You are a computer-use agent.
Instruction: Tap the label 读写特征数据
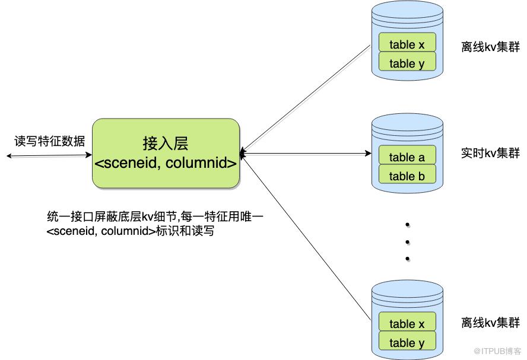(50, 141)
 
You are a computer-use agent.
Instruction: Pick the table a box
(407, 157)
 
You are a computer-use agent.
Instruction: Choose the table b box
(407, 176)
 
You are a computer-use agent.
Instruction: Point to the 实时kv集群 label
(490, 154)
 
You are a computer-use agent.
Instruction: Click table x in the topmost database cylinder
(407, 44)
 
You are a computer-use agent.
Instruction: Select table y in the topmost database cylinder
(407, 63)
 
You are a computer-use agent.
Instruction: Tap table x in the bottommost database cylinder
(407, 324)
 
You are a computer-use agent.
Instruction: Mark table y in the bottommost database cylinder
(407, 343)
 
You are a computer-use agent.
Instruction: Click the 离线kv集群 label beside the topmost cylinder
(490, 47)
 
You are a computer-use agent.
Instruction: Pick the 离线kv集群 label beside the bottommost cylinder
(490, 323)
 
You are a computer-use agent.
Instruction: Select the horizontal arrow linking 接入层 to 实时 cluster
(306, 154)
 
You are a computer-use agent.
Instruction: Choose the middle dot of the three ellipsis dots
(408, 241)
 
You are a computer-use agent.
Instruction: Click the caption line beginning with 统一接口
(155, 217)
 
